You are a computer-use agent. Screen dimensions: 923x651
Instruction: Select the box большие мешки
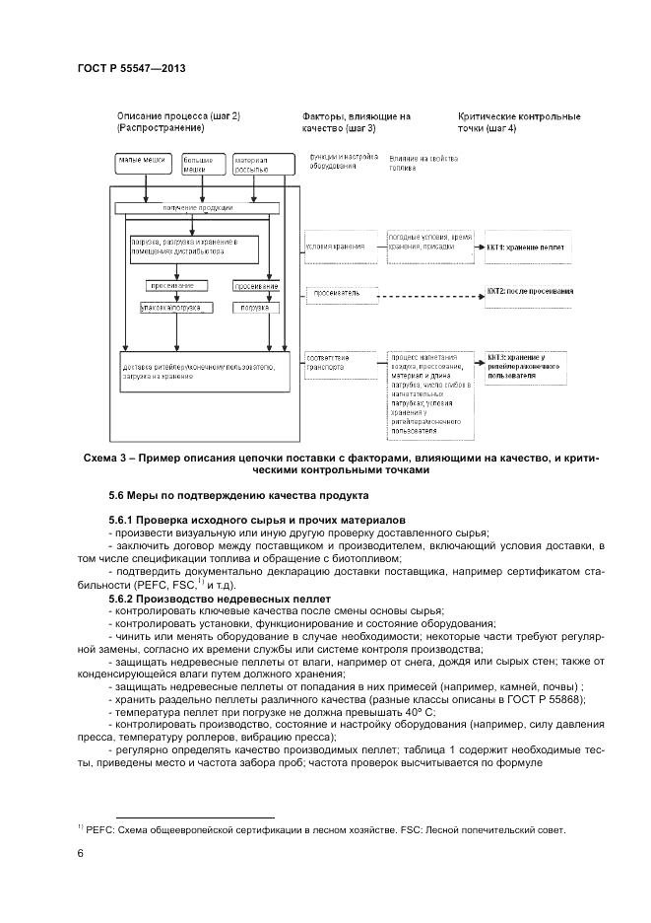(201, 164)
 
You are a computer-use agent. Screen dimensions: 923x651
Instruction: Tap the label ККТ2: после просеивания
(530, 293)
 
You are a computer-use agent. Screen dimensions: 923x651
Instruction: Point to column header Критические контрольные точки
(519, 122)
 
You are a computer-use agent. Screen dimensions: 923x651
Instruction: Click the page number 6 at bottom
(80, 854)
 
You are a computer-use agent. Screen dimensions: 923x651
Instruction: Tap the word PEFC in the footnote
(99, 829)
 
